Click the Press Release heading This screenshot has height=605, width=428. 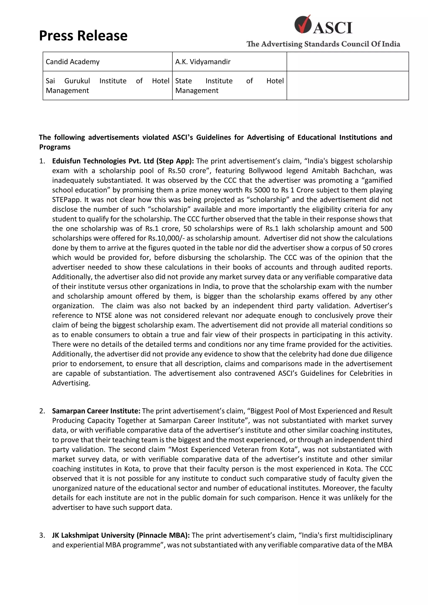pos(83,35)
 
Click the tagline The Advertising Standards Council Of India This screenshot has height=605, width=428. pos(323,44)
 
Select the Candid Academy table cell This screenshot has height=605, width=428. pos(108,62)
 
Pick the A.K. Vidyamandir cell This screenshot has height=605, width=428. pos(229,62)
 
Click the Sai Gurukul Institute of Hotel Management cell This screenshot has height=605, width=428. pos(108,85)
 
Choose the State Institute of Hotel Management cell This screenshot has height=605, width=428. pos(229,85)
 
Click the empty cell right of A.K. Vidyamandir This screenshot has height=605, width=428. pos(348,62)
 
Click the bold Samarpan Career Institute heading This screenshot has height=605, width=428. pos(96,411)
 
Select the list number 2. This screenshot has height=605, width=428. pos(42,411)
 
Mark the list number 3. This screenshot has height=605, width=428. pos(42,535)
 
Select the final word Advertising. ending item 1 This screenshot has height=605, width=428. pos(71,383)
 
